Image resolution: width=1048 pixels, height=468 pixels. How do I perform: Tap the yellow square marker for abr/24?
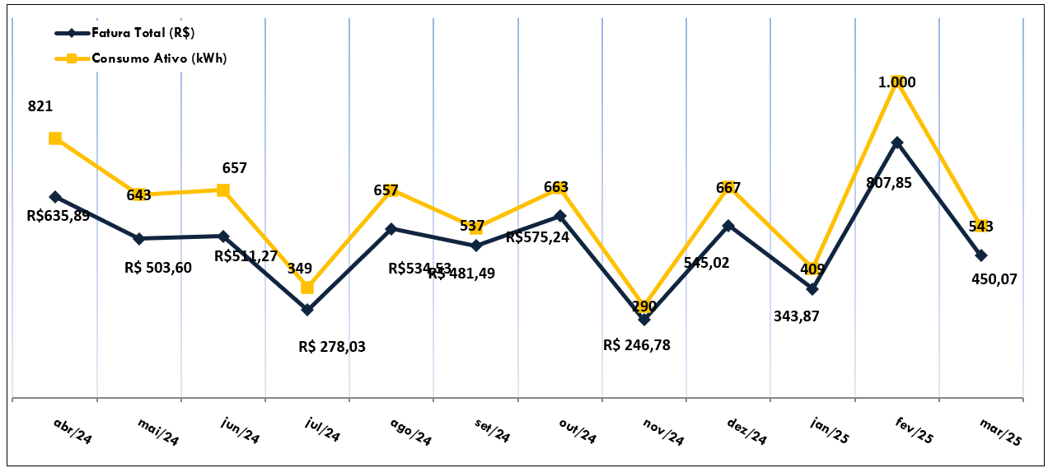point(55,138)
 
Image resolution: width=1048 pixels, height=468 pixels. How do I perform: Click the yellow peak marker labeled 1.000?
point(896,81)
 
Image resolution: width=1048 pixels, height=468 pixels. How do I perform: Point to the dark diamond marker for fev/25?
point(896,143)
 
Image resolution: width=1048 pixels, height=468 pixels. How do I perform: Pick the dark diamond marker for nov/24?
point(644,319)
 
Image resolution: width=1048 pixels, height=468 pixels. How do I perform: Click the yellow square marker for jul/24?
point(307,288)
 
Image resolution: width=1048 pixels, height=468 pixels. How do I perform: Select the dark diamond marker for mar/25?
point(980,255)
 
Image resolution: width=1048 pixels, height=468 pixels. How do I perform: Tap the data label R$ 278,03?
point(332,347)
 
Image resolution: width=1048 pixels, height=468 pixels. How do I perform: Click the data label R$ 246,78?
point(637,345)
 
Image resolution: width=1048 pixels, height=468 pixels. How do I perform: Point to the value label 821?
point(40,106)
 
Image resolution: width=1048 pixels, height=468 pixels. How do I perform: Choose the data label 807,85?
point(889,183)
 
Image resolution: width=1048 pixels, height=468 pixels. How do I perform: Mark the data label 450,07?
point(994,278)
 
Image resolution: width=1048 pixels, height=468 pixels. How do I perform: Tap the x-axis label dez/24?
point(746,431)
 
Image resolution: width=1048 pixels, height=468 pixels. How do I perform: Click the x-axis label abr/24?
point(73,431)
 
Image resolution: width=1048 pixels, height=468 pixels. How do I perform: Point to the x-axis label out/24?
point(577,431)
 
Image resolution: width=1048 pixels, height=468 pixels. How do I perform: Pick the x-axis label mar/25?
point(1000,431)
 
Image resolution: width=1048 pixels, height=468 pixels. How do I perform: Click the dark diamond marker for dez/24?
point(728,225)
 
